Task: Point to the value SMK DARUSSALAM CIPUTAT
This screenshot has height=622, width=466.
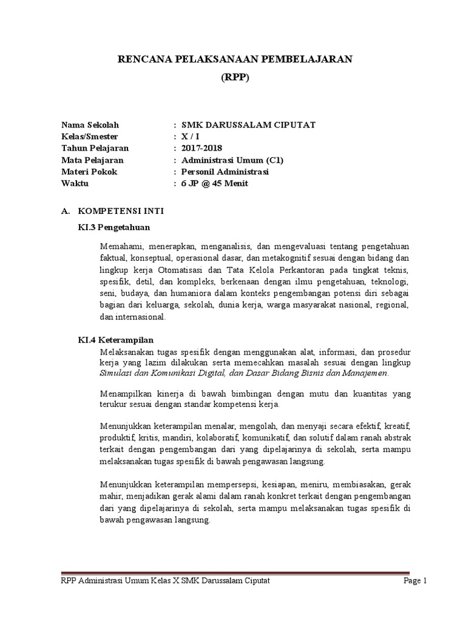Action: (244, 125)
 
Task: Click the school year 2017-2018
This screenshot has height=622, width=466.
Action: (197, 148)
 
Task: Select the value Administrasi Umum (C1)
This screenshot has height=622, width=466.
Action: (228, 160)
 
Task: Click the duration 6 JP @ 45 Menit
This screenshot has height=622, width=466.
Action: (211, 183)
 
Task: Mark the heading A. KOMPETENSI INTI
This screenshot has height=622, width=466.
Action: (112, 211)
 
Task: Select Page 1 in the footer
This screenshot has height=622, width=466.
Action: (416, 581)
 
